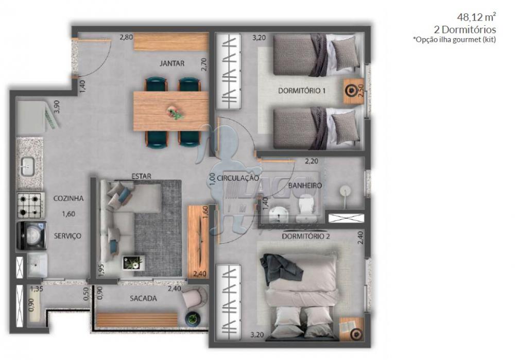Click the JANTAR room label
tap(172, 63)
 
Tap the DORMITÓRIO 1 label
tap(302, 91)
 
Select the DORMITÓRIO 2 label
tap(306, 236)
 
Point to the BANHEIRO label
tap(305, 185)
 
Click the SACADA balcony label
tap(143, 298)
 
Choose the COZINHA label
tap(68, 198)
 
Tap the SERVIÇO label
tap(68, 235)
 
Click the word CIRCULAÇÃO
tap(237, 178)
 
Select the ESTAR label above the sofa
tap(141, 176)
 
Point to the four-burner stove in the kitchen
tap(30, 205)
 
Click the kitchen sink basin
tap(27, 166)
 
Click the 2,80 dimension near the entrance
tap(126, 38)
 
